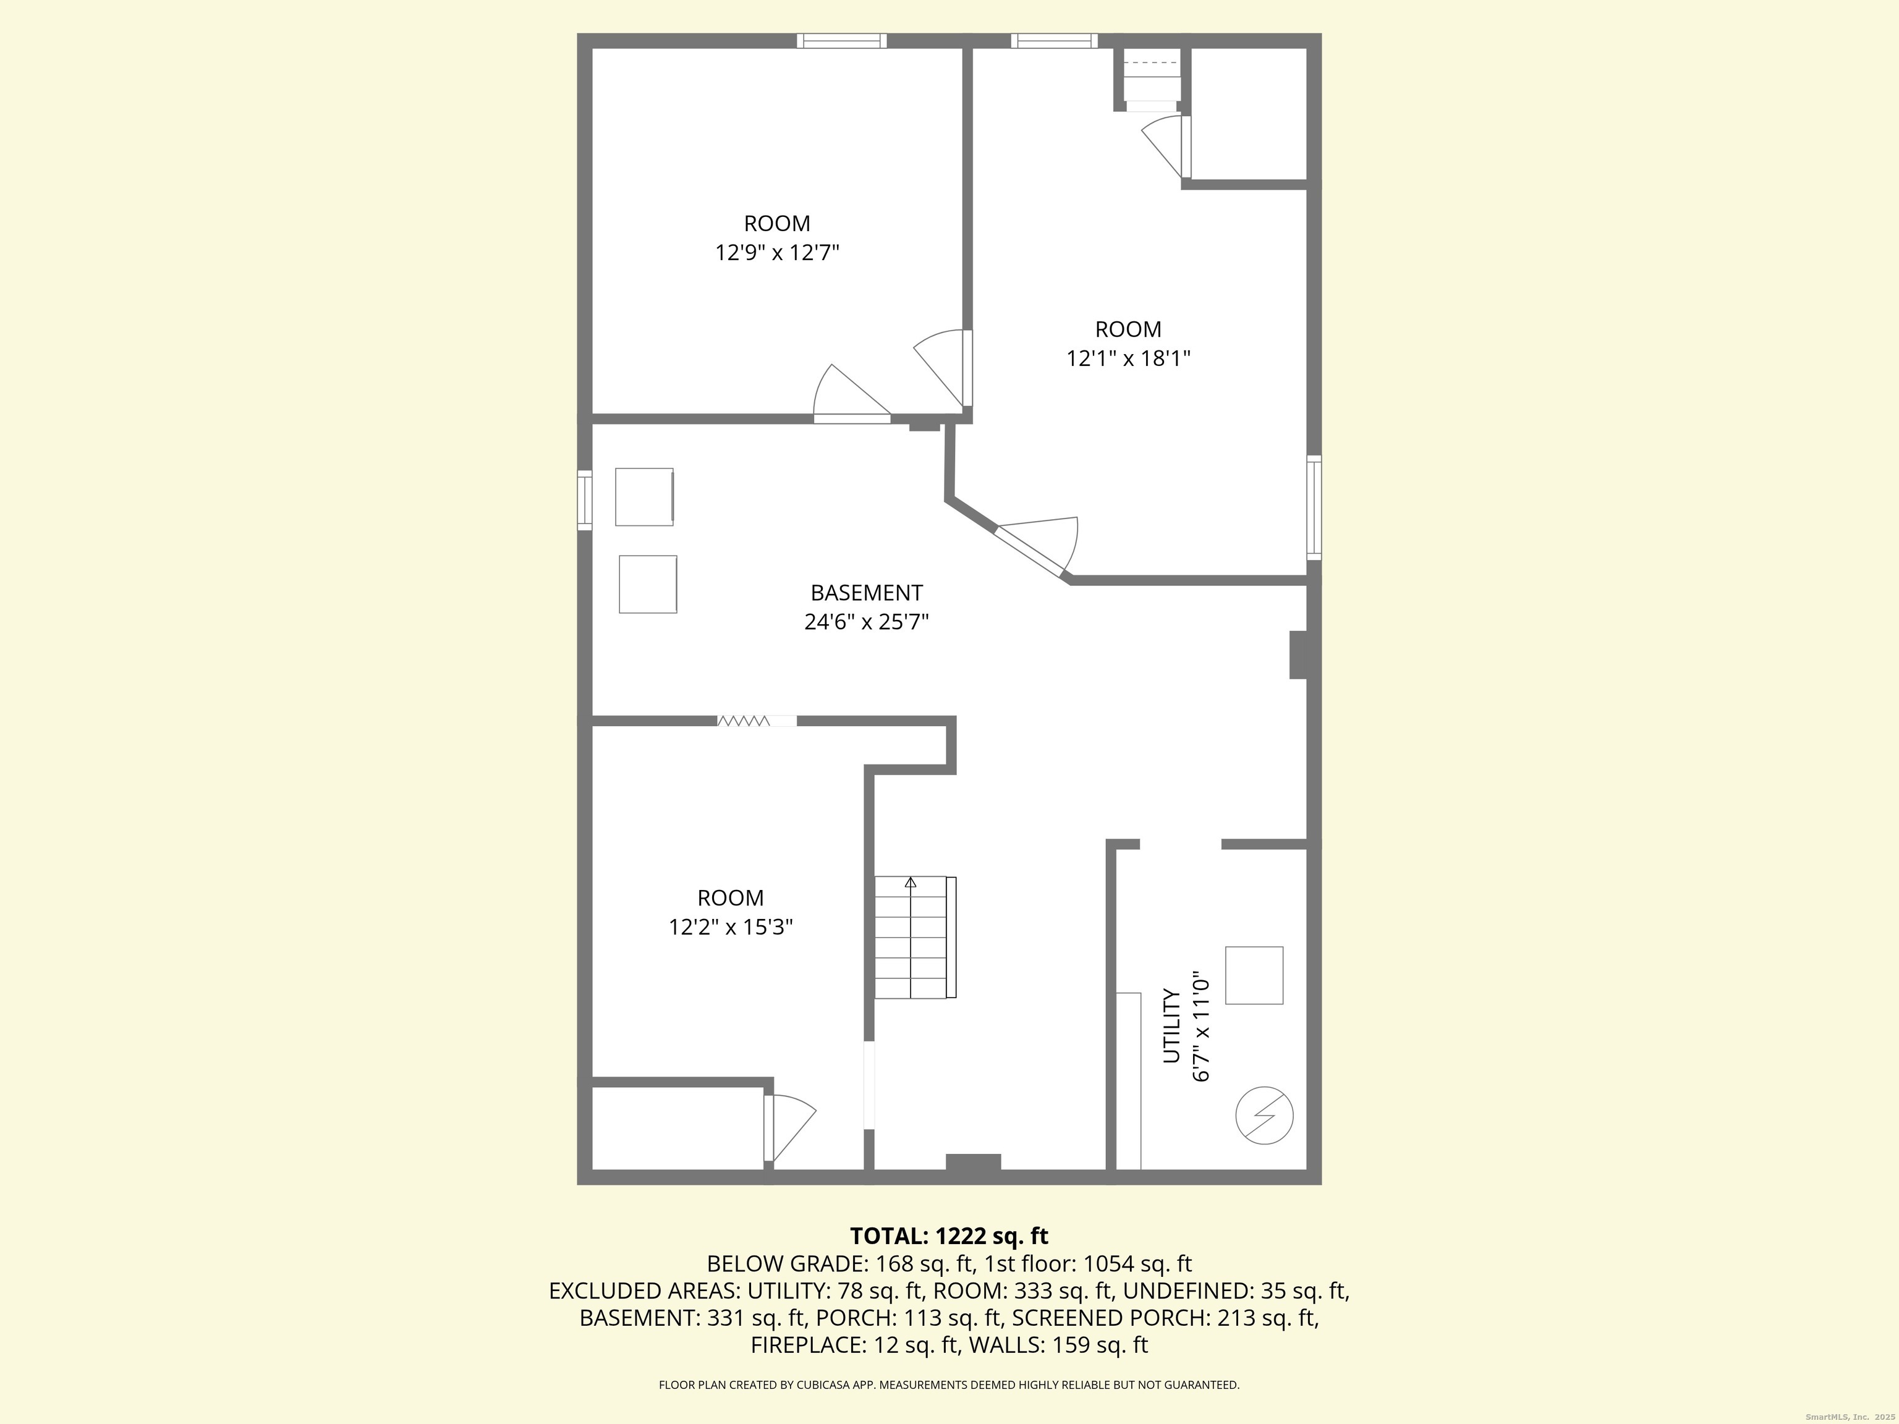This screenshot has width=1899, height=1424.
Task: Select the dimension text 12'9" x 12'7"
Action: [x=777, y=252]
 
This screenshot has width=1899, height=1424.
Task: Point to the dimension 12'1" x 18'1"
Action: [x=1128, y=358]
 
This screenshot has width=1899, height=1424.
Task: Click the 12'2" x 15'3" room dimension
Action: [x=731, y=927]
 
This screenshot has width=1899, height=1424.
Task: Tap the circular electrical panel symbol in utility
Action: [x=1264, y=1116]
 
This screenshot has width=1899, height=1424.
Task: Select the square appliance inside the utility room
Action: [x=1254, y=975]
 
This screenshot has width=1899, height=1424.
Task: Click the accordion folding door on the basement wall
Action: [x=744, y=721]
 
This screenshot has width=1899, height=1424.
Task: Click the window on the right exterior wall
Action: [x=1314, y=508]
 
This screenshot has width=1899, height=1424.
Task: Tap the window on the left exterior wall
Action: [x=585, y=499]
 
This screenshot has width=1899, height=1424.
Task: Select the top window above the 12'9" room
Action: [x=841, y=40]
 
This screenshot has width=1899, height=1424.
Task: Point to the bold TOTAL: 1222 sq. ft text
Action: [x=949, y=1236]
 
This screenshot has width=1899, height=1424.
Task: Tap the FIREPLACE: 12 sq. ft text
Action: [x=853, y=1345]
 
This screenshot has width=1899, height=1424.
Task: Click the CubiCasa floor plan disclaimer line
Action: [x=949, y=1384]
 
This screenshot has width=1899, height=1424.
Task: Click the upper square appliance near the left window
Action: [x=644, y=496]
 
